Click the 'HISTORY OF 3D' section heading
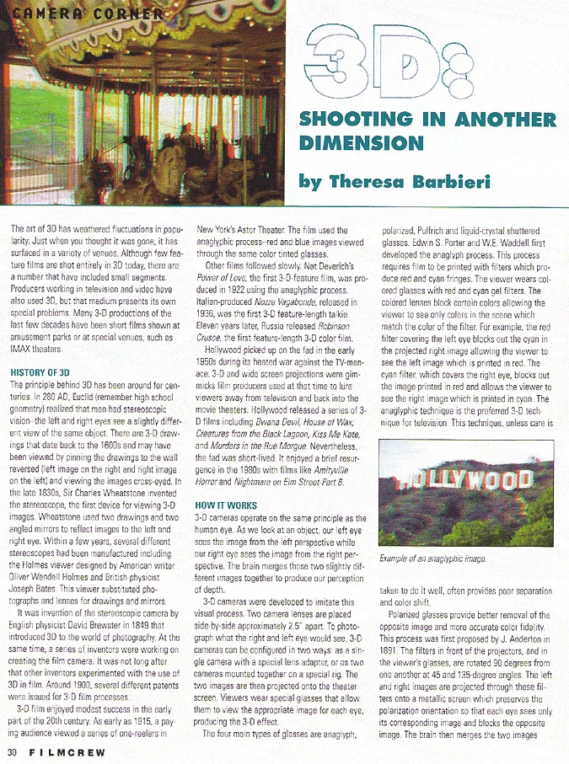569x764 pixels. point(40,371)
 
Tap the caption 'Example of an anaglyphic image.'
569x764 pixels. point(435,558)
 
